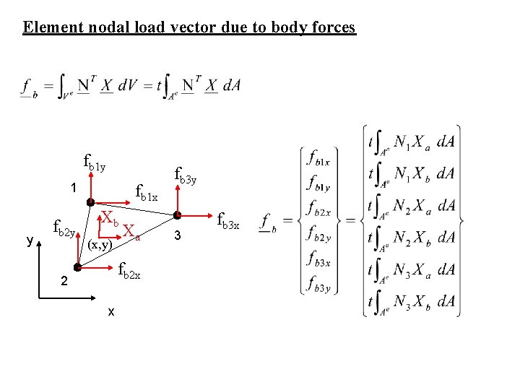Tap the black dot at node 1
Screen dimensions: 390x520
tap(90, 202)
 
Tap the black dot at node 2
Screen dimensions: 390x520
tap(77, 266)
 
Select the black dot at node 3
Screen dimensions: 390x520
tap(176, 215)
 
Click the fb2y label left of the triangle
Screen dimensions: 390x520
tap(66, 230)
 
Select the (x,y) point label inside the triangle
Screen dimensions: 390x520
tap(99, 245)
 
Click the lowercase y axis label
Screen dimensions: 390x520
tap(30, 241)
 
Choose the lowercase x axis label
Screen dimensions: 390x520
tap(110, 311)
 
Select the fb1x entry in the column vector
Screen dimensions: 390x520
tap(318, 158)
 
